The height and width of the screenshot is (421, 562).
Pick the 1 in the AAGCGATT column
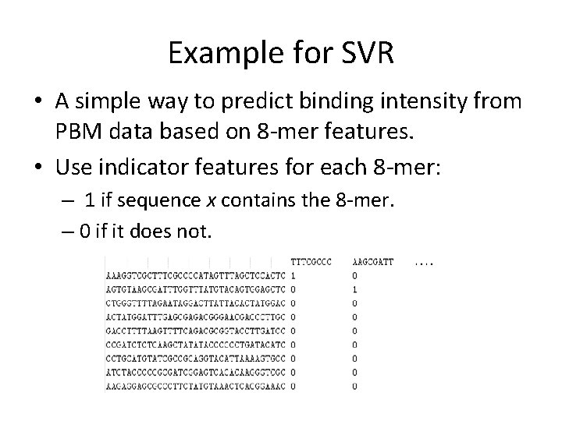tap(355, 288)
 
